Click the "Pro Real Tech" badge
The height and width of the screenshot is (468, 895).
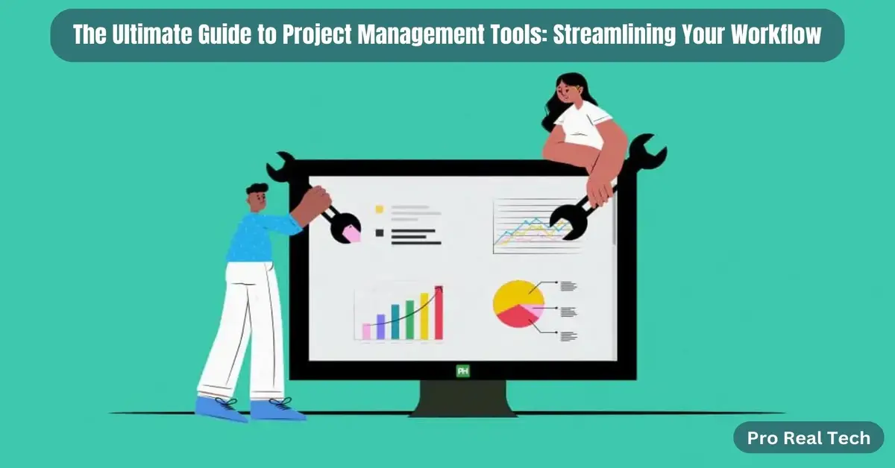point(808,437)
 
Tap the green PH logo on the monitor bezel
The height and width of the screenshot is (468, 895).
point(462,370)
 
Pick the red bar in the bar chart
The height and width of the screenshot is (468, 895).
point(439,313)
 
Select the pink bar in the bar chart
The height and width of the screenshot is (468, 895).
point(366,332)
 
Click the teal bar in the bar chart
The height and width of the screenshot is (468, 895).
point(395,322)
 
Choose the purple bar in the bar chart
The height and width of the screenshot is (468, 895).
point(380,326)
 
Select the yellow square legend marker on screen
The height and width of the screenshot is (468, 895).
point(379,210)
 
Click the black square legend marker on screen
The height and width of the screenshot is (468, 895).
point(379,233)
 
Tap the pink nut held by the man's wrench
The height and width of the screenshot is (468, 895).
point(351,233)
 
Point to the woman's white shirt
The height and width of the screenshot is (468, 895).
point(582,123)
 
